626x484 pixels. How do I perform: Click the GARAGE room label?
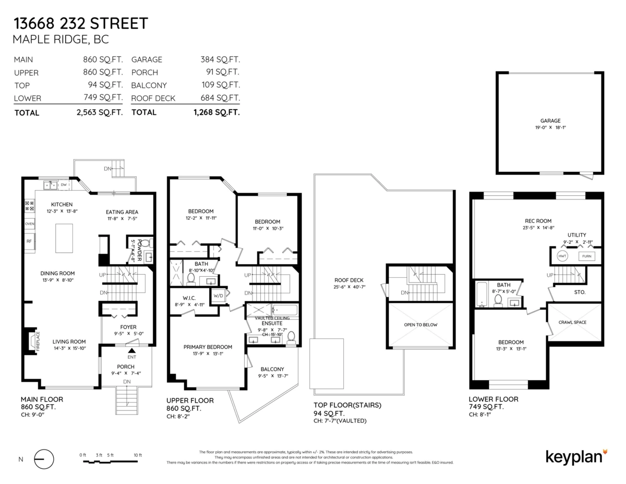point(550,121)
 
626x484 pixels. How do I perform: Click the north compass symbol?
point(44,459)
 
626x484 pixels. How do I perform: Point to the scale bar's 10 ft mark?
point(138,455)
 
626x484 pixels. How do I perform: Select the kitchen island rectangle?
point(64,238)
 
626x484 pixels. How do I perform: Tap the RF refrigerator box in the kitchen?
point(29,242)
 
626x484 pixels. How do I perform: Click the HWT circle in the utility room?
point(562,256)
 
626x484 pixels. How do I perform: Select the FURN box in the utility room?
point(587,256)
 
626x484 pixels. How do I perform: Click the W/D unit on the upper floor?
point(218,295)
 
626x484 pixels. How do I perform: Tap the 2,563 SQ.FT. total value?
point(99,112)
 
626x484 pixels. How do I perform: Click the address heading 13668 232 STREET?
point(81,23)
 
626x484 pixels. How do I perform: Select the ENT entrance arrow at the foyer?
point(132,352)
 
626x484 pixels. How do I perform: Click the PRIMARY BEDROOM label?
point(208,347)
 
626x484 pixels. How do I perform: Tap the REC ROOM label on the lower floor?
point(538,221)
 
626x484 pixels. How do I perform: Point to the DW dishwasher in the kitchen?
point(64,184)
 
